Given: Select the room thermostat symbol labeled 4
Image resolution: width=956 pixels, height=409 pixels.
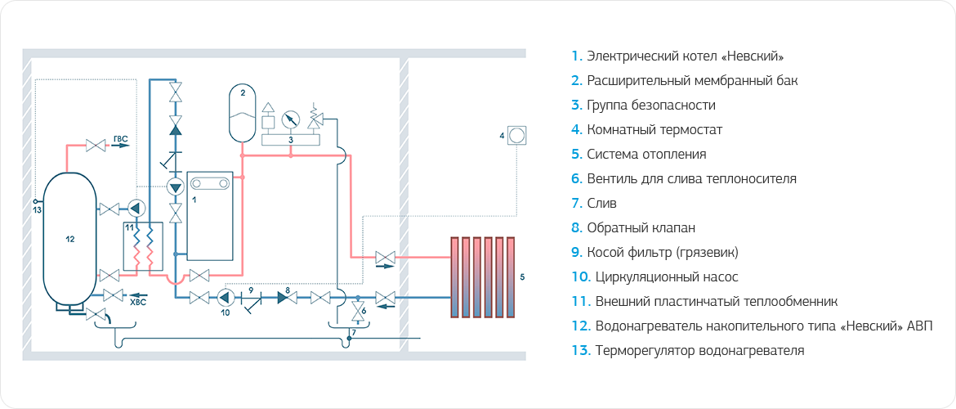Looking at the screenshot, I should (516, 134).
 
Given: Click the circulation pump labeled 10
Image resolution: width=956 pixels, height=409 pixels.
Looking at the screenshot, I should (226, 297).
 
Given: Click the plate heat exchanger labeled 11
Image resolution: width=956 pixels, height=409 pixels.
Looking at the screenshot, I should (142, 245).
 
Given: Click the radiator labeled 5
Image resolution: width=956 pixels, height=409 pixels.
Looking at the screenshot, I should (481, 276).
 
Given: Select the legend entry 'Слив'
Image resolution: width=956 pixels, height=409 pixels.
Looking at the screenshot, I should (601, 203).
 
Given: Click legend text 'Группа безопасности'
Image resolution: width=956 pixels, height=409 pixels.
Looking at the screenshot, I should (650, 106).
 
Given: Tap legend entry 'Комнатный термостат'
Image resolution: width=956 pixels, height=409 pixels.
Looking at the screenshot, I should (654, 130).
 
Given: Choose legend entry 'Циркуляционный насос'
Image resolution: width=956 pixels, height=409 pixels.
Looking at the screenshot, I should (667, 277).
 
